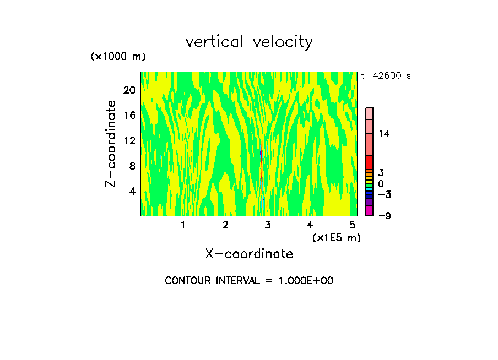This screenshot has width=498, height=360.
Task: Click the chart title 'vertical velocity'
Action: point(249,42)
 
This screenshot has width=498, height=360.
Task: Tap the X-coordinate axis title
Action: point(249,254)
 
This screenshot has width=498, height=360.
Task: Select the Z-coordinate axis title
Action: point(111,144)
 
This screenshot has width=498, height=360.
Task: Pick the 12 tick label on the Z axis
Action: point(129,140)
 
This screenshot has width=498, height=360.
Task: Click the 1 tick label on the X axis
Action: point(183,225)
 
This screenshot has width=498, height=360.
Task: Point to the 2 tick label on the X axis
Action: point(225,225)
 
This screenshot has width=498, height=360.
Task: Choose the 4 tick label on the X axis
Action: point(310,225)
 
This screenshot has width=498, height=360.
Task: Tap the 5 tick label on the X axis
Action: point(352,225)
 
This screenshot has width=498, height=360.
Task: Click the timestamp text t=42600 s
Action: point(386,76)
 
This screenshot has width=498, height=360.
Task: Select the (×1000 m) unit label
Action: point(117,57)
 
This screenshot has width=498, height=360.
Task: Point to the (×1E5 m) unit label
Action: point(336,237)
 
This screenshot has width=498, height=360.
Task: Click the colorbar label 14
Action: point(384,134)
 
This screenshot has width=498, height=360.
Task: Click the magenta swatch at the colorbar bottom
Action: point(369,210)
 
